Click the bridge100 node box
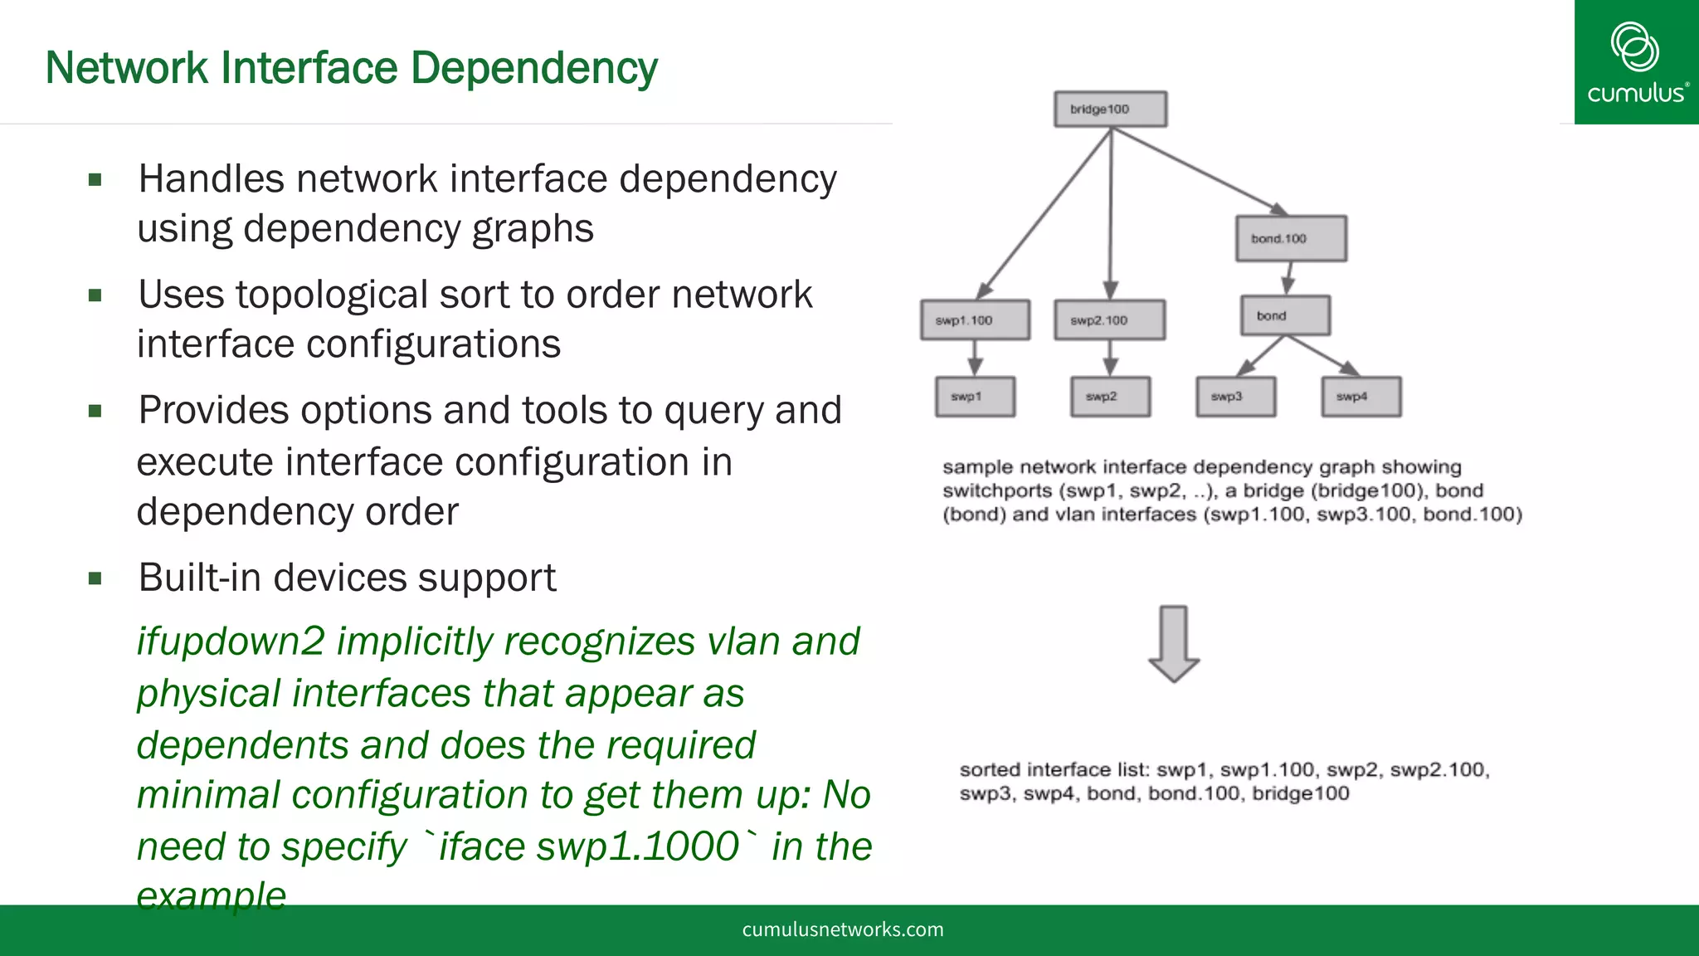[x=1110, y=110]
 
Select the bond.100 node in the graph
[x=1290, y=239]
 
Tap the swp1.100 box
[x=975, y=320]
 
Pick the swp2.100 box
[x=1109, y=320]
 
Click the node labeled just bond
[x=1285, y=316]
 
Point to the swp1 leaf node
[x=975, y=397]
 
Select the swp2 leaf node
[x=1110, y=397]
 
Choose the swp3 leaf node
[x=1235, y=397]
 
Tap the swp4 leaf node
[x=1361, y=397]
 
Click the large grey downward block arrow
[x=1174, y=644]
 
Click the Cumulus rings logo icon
[x=1634, y=46]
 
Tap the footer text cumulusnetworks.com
[x=843, y=929]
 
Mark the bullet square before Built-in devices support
[x=95, y=578]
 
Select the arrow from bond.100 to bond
[x=1288, y=278]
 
